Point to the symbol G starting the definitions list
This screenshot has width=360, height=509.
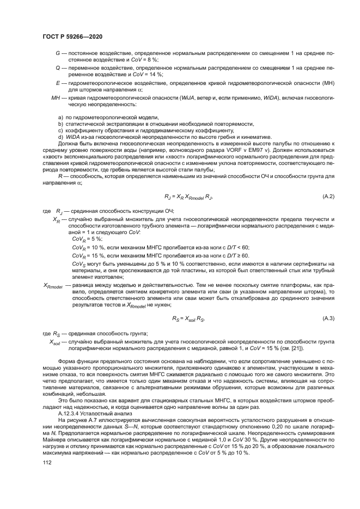58,53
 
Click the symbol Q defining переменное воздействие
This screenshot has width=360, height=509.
58,68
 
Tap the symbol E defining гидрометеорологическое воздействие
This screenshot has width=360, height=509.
58,83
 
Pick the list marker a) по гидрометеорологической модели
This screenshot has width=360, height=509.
60,117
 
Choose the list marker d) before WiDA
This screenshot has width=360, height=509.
60,137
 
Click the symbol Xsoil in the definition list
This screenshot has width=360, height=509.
55,342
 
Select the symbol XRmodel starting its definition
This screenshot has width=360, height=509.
53,285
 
